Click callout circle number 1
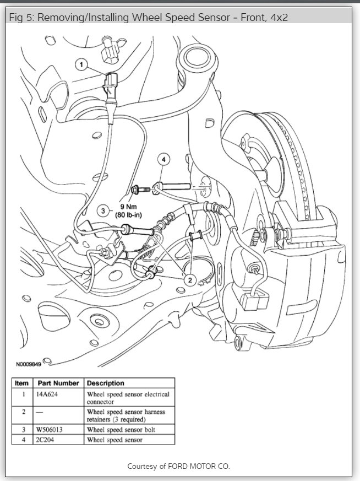(82, 66)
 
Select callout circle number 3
(102, 210)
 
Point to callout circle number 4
(163, 159)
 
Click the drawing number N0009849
(28, 364)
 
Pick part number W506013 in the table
(51, 429)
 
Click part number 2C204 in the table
(47, 440)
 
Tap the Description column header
(106, 383)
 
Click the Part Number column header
(58, 383)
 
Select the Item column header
(22, 383)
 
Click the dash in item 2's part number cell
(39, 412)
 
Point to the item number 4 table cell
(23, 440)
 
